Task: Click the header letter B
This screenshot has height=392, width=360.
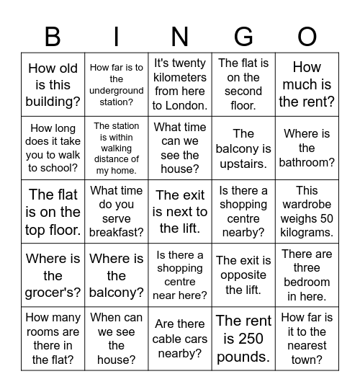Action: [x=53, y=36]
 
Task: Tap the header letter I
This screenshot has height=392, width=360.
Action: [x=117, y=36]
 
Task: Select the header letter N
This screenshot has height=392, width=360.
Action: [x=180, y=36]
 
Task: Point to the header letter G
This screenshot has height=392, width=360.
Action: [x=243, y=36]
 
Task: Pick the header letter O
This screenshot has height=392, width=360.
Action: [x=307, y=36]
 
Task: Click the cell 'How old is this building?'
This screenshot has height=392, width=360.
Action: [x=53, y=84]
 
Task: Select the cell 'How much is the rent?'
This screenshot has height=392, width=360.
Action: [x=307, y=84]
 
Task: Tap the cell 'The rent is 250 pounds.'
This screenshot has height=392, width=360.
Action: [x=243, y=339]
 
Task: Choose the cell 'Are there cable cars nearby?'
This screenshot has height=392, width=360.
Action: [x=180, y=339]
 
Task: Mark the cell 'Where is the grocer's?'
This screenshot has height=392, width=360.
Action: [x=53, y=275]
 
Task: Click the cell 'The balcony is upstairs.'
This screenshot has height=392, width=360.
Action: [x=243, y=148]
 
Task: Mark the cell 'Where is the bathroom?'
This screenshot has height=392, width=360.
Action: [x=307, y=148]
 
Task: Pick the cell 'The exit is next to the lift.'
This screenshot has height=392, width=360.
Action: [x=180, y=212]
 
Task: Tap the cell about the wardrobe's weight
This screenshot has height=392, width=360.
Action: [x=307, y=212]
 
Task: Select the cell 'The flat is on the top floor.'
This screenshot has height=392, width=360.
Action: [x=53, y=212]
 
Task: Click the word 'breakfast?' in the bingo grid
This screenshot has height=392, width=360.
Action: [x=117, y=232]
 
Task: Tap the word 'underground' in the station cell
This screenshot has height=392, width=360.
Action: [x=117, y=91]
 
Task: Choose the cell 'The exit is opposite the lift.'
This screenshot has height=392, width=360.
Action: [x=243, y=275]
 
